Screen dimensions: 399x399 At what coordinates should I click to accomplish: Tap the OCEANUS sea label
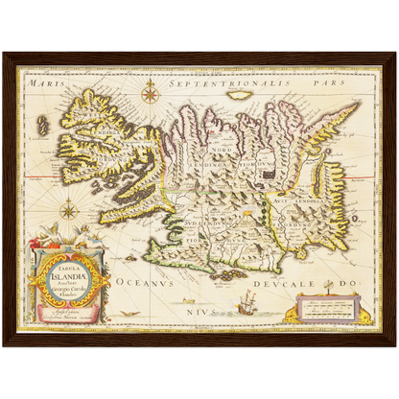click(x=137, y=283)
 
